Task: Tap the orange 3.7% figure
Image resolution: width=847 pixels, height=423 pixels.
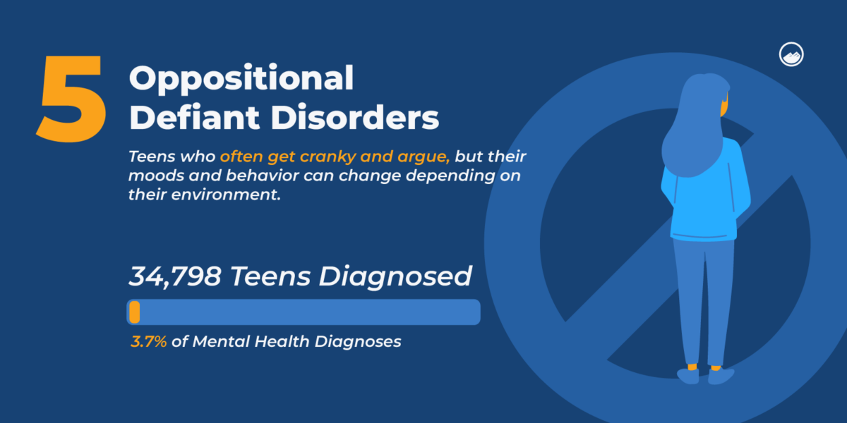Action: tap(148, 342)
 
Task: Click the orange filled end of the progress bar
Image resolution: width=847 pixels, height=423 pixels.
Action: tap(135, 312)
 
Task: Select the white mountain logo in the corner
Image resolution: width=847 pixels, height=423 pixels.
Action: tap(792, 55)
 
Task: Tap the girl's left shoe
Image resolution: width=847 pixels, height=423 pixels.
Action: tap(687, 376)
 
